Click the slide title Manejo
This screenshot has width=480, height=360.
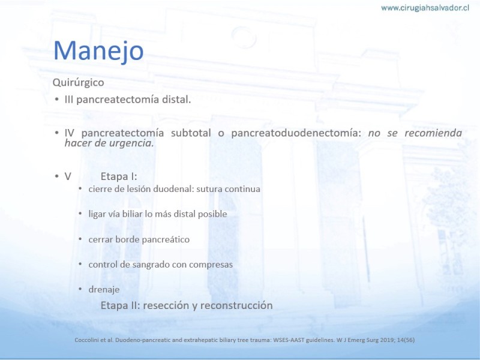[98, 50]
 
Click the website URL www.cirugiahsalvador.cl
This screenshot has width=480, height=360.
[425, 8]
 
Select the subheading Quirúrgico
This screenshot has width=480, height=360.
[79, 82]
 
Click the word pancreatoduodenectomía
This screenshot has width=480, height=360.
[296, 133]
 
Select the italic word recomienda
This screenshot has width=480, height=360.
[433, 133]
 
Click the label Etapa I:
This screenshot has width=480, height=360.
[119, 176]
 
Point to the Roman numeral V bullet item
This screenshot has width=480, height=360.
[68, 176]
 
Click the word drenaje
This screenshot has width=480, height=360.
[104, 290]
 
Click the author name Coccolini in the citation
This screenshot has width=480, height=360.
[85, 340]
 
